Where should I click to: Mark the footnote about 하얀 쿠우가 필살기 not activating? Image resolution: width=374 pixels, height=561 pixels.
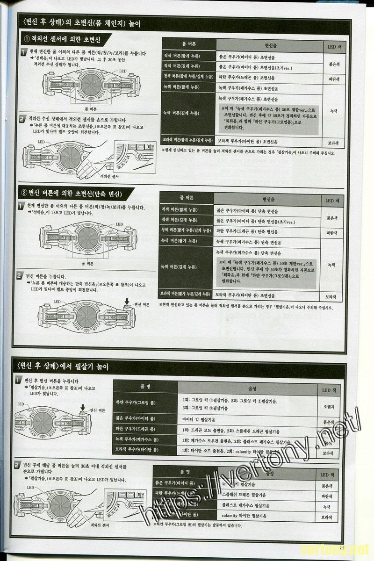(197, 525)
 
